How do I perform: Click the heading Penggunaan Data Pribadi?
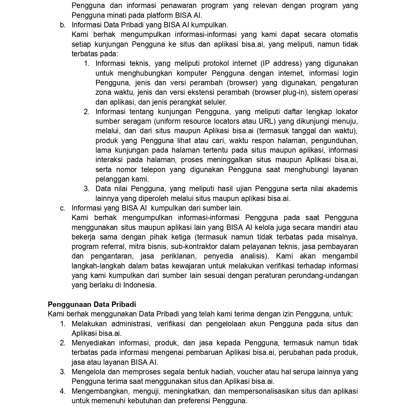[x=92, y=304]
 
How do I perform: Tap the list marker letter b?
[x=62, y=25]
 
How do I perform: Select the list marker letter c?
[x=62, y=208]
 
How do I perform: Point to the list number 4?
[x=62, y=391]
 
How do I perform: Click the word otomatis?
[x=344, y=34]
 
